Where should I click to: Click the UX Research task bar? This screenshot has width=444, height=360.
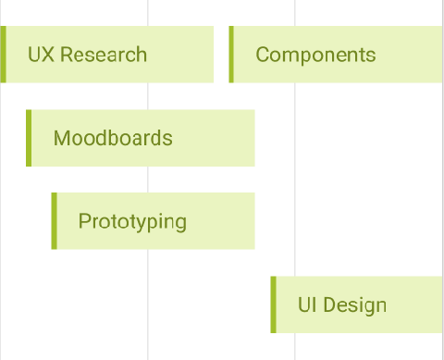[x=107, y=55]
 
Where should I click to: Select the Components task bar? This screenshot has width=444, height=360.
[x=336, y=55]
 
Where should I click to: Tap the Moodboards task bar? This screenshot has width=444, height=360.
[x=141, y=138]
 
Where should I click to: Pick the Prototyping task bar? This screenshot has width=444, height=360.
[x=154, y=221]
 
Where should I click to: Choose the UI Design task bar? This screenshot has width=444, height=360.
[x=357, y=304]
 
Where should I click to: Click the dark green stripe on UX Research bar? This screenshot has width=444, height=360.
[x=4, y=55]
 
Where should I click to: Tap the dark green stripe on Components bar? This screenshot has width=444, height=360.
[x=231, y=55]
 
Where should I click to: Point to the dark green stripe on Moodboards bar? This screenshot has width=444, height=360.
[x=29, y=138]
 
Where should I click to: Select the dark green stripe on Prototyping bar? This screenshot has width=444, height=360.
[x=54, y=221]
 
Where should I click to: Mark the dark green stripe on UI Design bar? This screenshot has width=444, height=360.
[x=273, y=304]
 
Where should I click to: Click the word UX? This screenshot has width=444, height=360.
[x=39, y=55]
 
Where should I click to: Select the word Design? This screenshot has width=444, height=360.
[x=355, y=304]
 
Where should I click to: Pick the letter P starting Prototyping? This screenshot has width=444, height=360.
[x=84, y=222]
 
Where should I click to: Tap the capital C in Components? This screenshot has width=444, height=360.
[x=263, y=55]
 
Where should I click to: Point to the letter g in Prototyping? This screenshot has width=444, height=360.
[x=179, y=224]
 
